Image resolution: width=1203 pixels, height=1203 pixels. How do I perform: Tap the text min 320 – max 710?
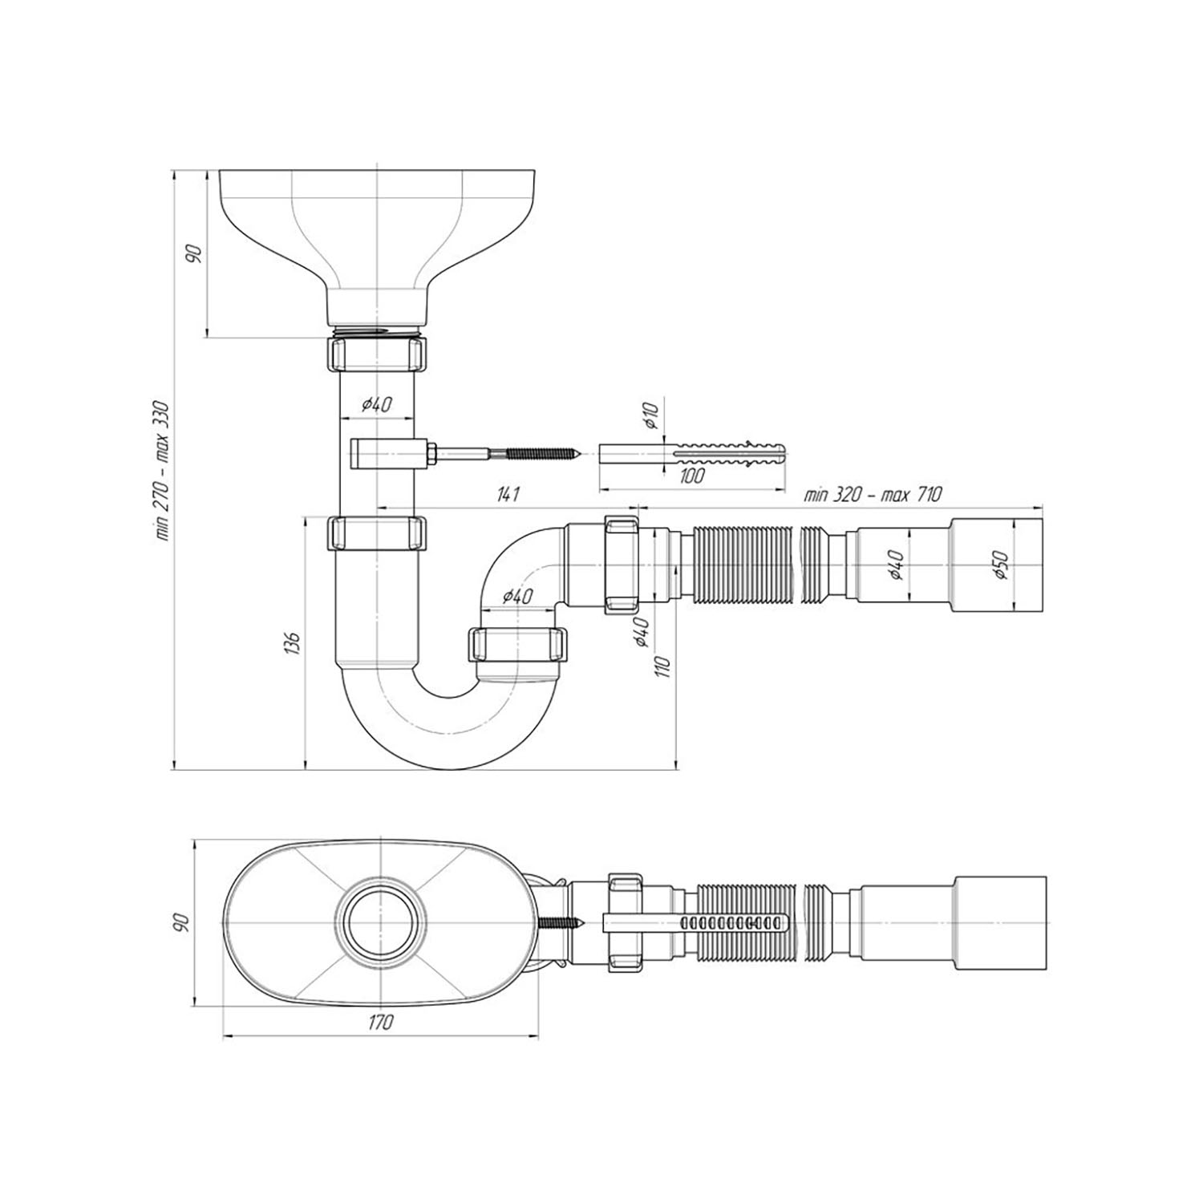pos(873,494)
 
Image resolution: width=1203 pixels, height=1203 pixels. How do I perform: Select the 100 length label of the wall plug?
pos(691,476)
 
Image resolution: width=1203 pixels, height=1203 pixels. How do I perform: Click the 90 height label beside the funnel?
pos(193,254)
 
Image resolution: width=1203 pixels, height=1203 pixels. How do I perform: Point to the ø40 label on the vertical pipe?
pos(377,405)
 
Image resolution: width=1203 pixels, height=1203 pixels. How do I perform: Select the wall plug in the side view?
pos(694,454)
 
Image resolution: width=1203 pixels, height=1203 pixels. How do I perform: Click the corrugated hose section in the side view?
pos(746,565)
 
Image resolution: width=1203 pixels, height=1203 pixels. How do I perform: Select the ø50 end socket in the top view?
pos(1000,924)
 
